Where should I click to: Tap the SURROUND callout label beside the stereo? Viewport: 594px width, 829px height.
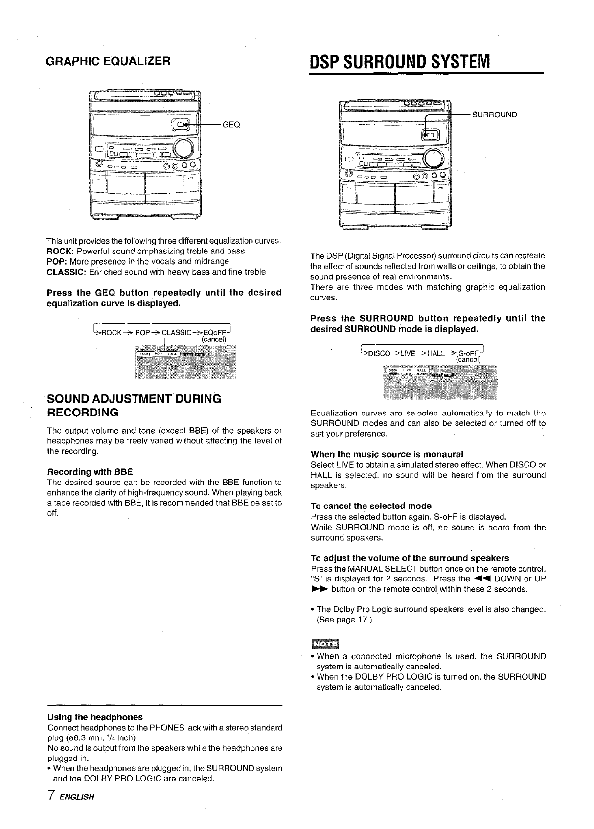(x=494, y=115)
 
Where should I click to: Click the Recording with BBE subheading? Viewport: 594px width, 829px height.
(x=90, y=472)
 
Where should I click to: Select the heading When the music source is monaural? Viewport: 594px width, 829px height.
(x=387, y=454)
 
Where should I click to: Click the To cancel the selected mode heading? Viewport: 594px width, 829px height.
(x=371, y=506)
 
